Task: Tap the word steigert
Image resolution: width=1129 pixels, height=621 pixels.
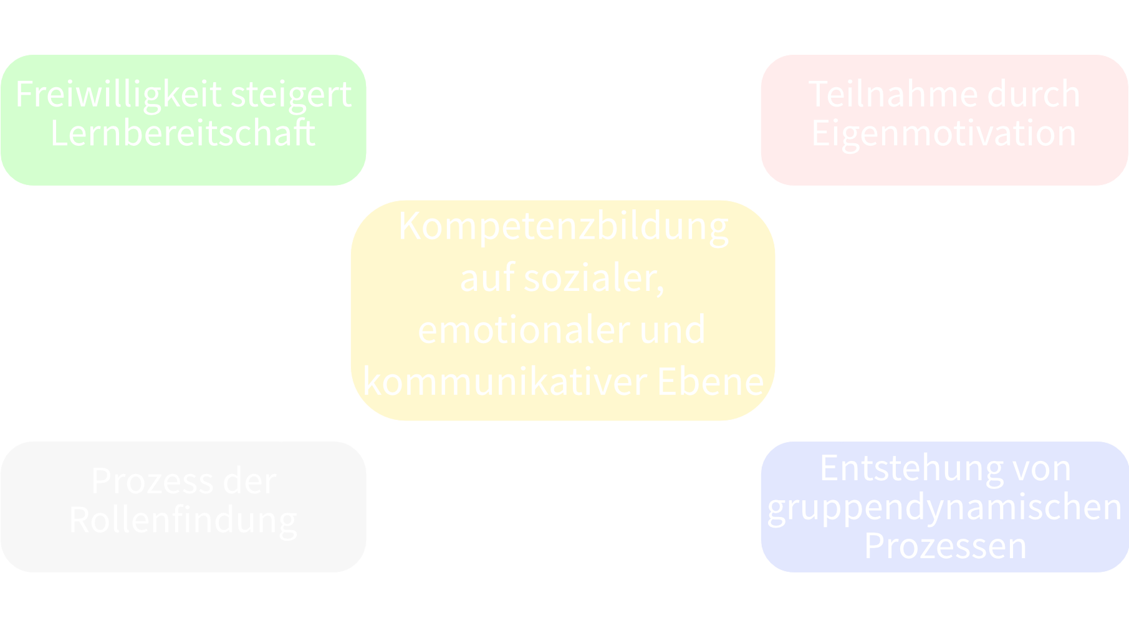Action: [291, 95]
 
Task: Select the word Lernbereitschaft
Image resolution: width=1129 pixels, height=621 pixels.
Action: [183, 133]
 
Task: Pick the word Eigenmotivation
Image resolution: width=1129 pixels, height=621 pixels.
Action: [944, 133]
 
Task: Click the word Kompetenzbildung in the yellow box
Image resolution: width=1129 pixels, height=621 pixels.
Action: [564, 226]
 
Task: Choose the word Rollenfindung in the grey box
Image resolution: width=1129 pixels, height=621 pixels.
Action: [183, 520]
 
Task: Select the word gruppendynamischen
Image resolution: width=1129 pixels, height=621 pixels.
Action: [944, 507]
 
